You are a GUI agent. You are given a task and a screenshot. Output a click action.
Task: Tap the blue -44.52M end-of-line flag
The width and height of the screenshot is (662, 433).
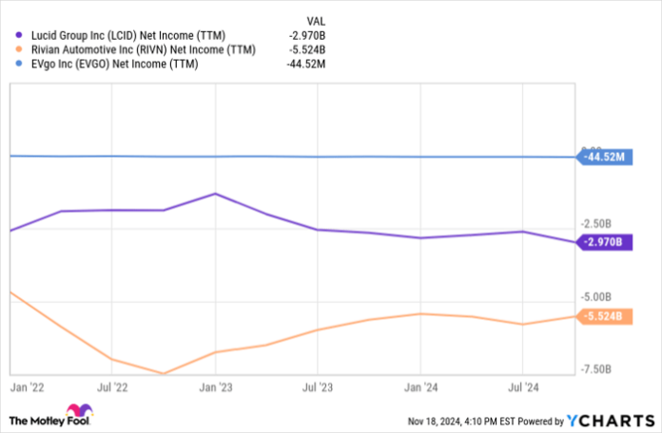coord(604,157)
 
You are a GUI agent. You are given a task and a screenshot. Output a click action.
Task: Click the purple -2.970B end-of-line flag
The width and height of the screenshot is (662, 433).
coord(606,243)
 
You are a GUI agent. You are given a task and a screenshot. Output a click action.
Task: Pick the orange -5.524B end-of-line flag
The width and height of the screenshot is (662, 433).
coord(606,316)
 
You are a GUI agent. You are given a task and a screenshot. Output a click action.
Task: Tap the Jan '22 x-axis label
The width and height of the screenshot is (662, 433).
coord(29,387)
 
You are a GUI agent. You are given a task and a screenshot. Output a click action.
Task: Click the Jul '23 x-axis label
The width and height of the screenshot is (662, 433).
coord(317,387)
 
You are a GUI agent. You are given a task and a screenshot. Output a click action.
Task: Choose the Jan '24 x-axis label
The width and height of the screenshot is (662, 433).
coord(419,387)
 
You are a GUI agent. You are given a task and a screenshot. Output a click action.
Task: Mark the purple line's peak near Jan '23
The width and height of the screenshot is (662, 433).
coord(216,194)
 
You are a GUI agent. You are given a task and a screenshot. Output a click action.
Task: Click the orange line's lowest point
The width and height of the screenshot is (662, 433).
coord(164,374)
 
